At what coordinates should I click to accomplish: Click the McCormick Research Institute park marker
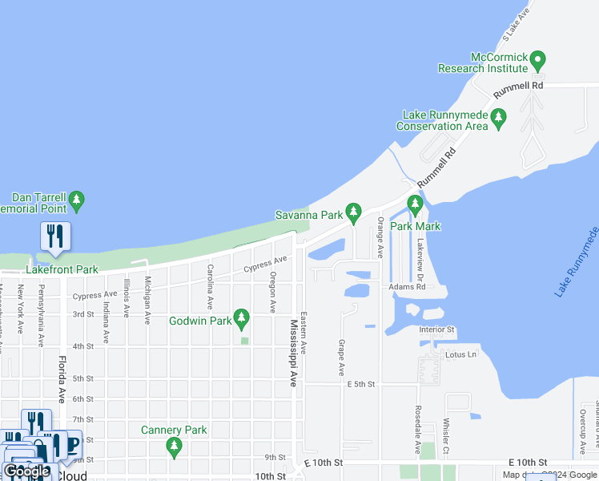(539, 60)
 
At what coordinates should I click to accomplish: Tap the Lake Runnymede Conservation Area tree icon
(499, 119)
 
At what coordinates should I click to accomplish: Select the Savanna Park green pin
(353, 213)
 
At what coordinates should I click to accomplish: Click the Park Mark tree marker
(415, 205)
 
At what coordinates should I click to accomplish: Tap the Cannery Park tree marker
(175, 446)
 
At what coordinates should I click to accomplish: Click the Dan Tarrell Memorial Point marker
(77, 201)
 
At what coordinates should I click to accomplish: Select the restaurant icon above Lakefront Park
(55, 236)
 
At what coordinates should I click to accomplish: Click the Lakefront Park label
(62, 269)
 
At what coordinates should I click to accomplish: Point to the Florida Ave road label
(62, 379)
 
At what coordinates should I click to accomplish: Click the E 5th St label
(361, 385)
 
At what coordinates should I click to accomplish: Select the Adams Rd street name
(407, 286)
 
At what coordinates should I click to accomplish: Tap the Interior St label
(436, 329)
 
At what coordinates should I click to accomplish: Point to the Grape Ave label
(341, 358)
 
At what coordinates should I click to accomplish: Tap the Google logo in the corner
(26, 471)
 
